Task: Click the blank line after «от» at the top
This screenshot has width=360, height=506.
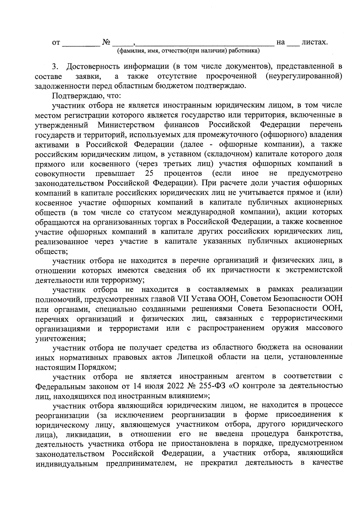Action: coord(81,44)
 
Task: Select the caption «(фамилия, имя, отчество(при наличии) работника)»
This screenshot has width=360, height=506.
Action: coord(188,51)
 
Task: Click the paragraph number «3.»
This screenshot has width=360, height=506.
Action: coord(56,66)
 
